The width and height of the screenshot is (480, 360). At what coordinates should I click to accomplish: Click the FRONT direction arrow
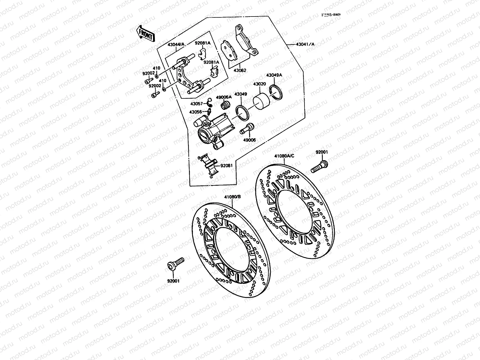coord(145,33)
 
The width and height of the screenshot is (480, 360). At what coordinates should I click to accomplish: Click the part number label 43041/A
coord(305,44)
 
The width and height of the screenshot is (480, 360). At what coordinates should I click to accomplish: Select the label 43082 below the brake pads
coord(240,70)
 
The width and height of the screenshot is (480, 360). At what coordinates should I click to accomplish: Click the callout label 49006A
coord(224,97)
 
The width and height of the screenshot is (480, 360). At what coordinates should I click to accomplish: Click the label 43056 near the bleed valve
coord(195,112)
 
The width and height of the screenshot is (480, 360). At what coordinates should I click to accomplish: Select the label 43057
coord(196,103)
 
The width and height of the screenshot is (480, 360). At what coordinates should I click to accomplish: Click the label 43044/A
coord(176,44)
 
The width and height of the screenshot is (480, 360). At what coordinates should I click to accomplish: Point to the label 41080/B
coord(232,197)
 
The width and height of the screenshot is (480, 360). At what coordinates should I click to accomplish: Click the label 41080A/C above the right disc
coord(284,156)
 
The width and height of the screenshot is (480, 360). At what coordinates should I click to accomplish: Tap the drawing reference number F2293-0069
coord(331,14)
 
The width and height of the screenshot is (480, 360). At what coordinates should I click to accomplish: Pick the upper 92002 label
coord(149,73)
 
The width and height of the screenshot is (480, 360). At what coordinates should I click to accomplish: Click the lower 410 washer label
coord(162,81)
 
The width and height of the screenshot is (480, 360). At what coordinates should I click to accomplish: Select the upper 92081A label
coord(202,43)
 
